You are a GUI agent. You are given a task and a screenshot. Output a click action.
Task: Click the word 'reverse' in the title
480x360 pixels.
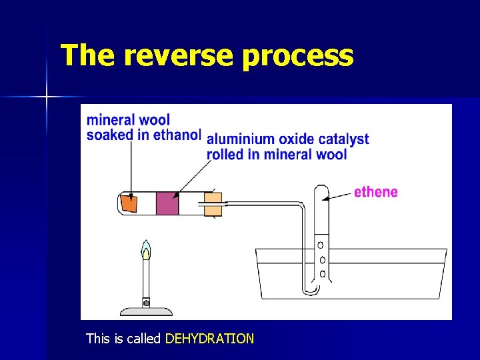coord(178,56)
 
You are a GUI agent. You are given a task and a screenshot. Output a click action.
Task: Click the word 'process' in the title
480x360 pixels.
coord(297,57)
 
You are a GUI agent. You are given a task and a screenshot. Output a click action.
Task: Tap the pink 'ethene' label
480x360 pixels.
coord(375,193)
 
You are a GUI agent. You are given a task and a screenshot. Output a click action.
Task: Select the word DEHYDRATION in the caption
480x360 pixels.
coord(209,339)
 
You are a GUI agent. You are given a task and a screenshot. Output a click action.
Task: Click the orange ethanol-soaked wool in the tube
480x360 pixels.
coord(129,203)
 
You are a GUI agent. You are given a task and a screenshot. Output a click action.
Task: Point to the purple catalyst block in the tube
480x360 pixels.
coord(167,203)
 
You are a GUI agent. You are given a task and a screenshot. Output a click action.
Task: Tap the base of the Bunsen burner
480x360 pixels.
coord(145,310)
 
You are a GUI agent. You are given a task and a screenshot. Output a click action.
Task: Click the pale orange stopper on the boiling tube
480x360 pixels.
coord(213,204)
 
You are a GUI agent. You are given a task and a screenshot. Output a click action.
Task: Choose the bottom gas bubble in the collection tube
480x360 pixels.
coord(323,274)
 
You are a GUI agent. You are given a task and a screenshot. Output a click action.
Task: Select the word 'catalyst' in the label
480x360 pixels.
coord(343,139)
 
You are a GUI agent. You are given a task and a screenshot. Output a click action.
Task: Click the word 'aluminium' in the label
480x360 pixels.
coord(241,139)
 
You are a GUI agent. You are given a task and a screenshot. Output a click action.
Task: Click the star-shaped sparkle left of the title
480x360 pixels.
coord(47,97)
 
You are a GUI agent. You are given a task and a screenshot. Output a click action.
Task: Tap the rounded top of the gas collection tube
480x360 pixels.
coord(321,189)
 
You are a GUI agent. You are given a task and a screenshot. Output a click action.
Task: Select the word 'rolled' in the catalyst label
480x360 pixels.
coord(225,155)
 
